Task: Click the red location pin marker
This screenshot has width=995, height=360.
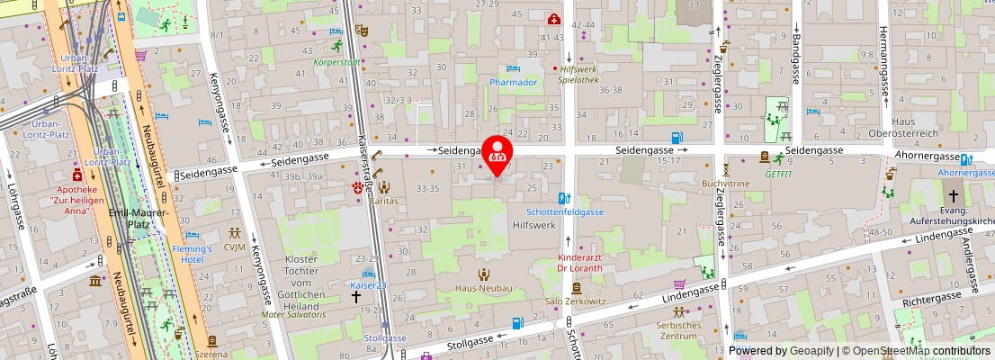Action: click(497, 153)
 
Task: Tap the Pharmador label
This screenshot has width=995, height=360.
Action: click(513, 82)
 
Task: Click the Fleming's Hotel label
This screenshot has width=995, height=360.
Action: click(192, 254)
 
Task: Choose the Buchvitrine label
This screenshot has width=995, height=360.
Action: click(725, 183)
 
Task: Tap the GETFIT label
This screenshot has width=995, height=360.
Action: click(778, 174)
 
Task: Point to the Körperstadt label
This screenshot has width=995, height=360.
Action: click(336, 63)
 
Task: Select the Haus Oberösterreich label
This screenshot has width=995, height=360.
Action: click(914, 127)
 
